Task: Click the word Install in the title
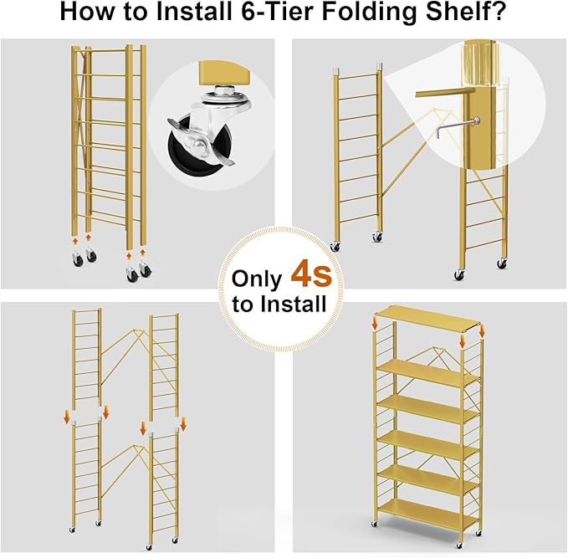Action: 205,14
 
